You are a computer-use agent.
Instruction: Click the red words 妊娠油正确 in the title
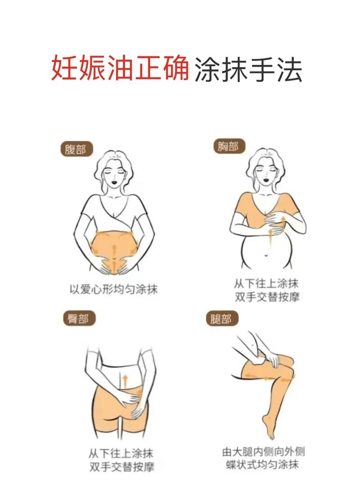(x=120, y=69)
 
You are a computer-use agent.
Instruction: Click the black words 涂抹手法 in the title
(x=248, y=69)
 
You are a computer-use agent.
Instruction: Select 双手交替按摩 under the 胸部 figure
(x=266, y=297)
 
